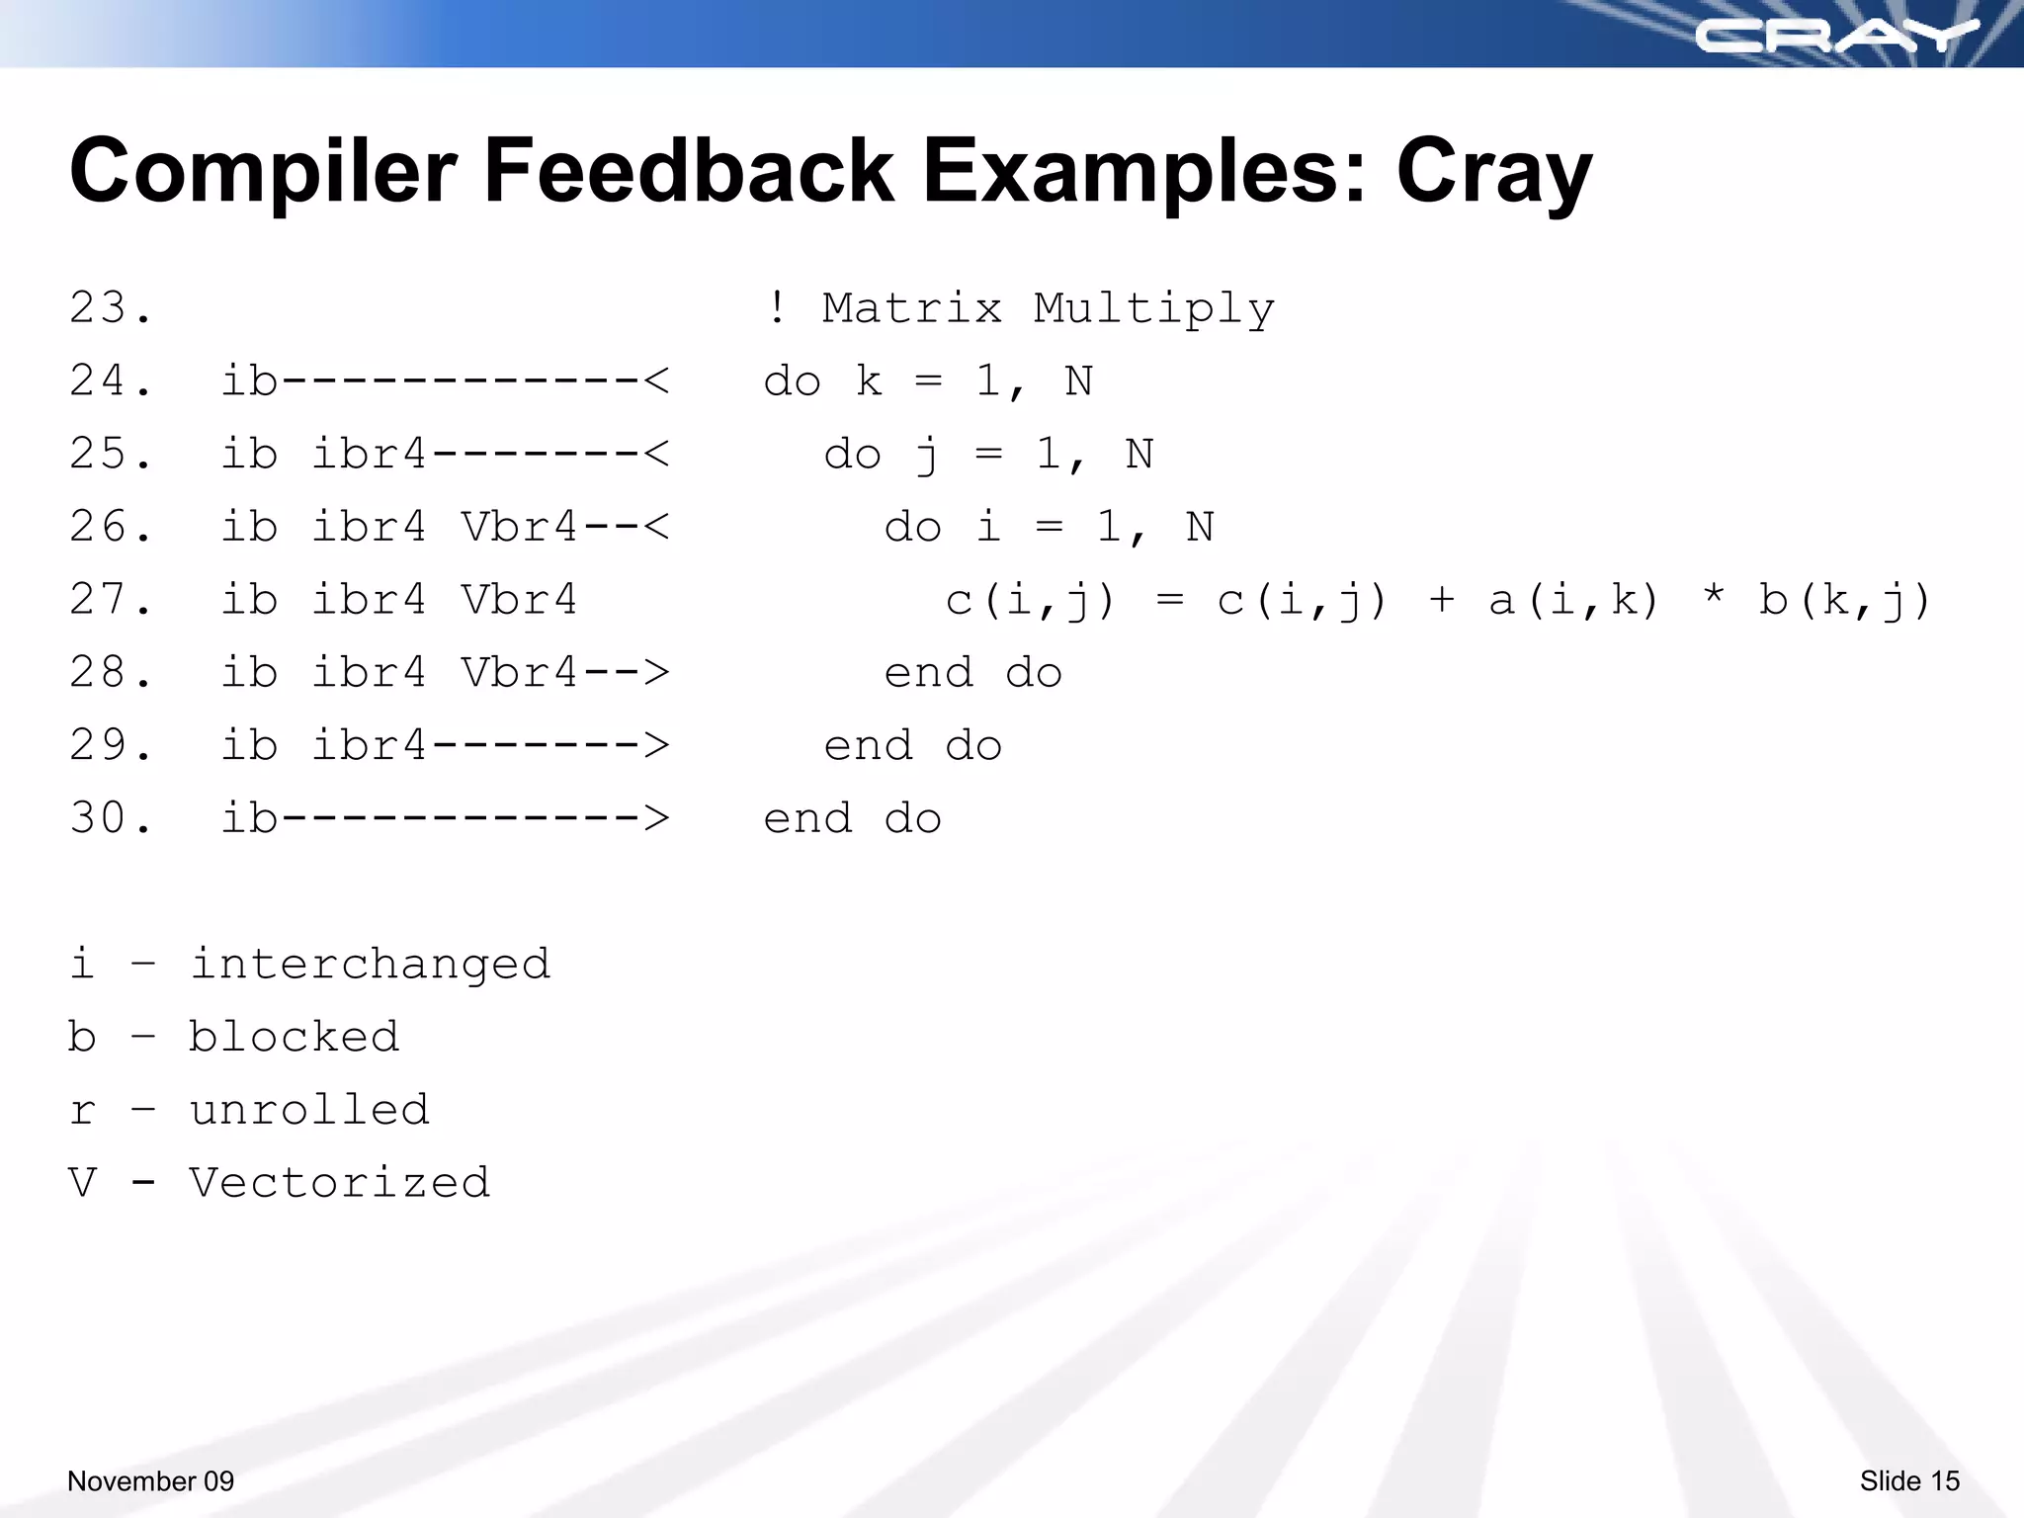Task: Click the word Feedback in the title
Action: pyautogui.click(x=689, y=171)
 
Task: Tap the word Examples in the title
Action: pyautogui.click(x=1145, y=171)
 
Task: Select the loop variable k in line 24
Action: pyautogui.click(x=869, y=381)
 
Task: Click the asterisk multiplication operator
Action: pyautogui.click(x=1714, y=596)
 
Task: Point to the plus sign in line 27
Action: pyautogui.click(x=1442, y=600)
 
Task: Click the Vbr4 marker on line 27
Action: pyautogui.click(x=519, y=600)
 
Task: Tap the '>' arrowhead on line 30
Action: pyautogui.click(x=656, y=818)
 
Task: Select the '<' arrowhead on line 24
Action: pyautogui.click(x=656, y=381)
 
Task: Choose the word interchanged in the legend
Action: pyautogui.click(x=370, y=964)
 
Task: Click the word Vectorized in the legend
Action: pyautogui.click(x=339, y=1183)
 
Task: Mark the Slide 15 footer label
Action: pyautogui.click(x=1908, y=1480)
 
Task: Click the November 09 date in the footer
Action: pyautogui.click(x=150, y=1480)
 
